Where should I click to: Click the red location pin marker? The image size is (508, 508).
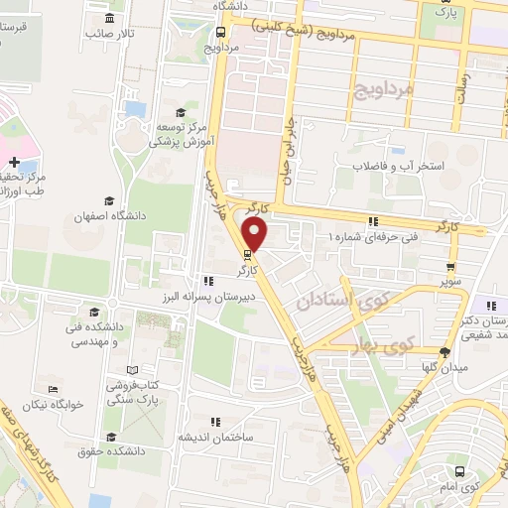[x=256, y=234]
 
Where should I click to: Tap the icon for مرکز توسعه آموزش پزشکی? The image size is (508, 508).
[x=180, y=111]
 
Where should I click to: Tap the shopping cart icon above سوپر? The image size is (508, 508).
[x=452, y=266]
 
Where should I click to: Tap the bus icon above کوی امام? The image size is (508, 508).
[x=459, y=472]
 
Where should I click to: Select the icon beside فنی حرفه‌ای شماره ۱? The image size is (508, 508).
[x=373, y=221]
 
